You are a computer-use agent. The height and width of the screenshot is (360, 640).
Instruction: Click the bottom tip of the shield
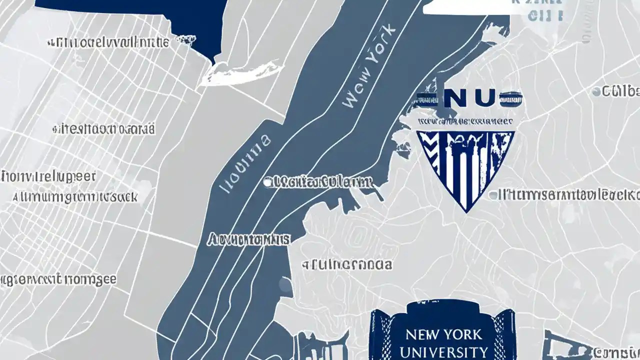(x=466, y=211)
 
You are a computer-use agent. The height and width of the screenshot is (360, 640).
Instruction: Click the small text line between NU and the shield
(x=465, y=121)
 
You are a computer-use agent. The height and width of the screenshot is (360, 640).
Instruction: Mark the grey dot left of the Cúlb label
(x=596, y=92)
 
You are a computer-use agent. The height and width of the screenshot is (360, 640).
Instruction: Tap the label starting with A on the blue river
(x=248, y=240)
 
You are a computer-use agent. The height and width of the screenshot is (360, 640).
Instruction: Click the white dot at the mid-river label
(x=268, y=182)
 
